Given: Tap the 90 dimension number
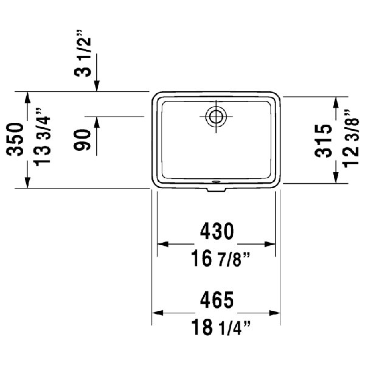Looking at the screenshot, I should point(83,141).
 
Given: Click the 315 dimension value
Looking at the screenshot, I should point(324,141).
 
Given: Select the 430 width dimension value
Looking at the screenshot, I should point(217,232).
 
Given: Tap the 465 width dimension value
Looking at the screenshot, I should point(217,299).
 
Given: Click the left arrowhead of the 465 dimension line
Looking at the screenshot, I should point(156,314).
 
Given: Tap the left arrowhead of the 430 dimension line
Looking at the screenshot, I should point(162,245).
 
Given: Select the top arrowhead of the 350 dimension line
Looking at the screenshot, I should point(27,97).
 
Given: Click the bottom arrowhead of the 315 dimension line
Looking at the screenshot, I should point(335,177).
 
